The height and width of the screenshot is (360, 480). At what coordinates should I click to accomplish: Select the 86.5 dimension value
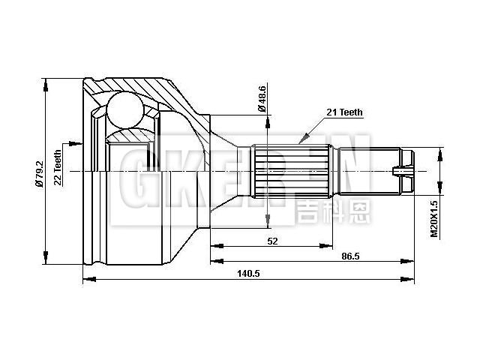click(350, 256)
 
